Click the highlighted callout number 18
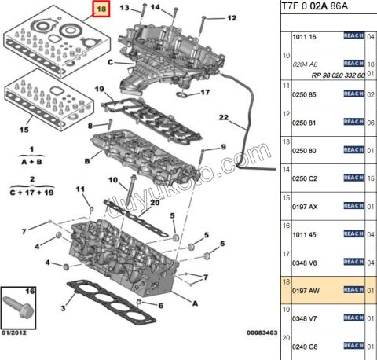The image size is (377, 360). click(x=101, y=10)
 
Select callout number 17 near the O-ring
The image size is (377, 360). click(x=204, y=92)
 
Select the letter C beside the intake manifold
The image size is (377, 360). click(x=110, y=62)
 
